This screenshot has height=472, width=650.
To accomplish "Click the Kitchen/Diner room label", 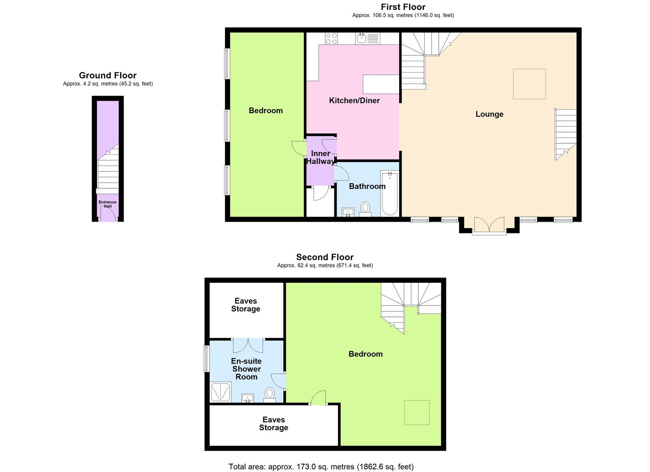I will pos(354,101).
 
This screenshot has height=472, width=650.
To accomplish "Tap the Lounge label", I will pos(489,114).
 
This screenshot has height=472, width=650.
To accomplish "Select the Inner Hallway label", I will pos(320,157).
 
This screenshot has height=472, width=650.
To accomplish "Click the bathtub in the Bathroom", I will pos(390,194).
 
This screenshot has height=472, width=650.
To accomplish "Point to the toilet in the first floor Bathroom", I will pos(365,208).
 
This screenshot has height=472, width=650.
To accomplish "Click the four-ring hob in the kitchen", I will pos(331,38).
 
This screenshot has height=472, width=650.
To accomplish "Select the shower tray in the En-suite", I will pos(221,392).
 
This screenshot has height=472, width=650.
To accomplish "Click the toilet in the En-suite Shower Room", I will pos(270,394).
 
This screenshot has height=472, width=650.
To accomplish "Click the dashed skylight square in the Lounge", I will pos(529,84).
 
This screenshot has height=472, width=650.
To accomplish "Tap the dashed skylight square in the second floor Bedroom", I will pos(417,412).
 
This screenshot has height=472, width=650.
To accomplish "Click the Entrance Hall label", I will pos(107,204).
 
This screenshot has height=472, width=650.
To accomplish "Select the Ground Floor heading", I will pos(108,76).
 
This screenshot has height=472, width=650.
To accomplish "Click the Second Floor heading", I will pos(325,257).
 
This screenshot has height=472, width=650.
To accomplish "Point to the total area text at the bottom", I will pos(321,466).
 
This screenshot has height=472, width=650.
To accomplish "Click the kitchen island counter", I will pos(381,84).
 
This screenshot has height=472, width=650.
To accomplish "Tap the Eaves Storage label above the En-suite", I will pos(246,305).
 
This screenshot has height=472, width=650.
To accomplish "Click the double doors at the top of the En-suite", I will pos(248,345).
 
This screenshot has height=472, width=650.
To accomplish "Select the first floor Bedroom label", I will pos(266,111).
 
